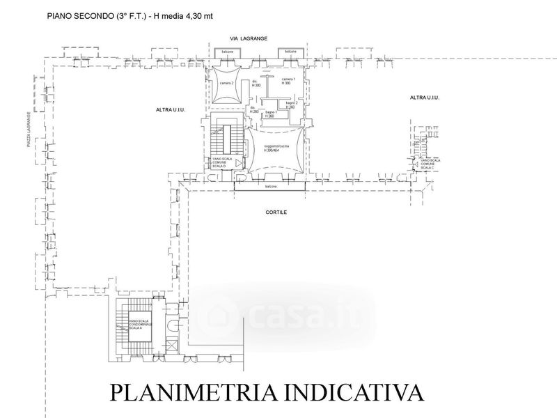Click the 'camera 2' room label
point(226,84)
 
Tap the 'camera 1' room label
point(289,79)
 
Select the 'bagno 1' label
point(271,113)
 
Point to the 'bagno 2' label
point(291,102)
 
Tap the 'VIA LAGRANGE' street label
point(259,39)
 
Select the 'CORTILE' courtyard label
point(276,212)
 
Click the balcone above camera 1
point(289,52)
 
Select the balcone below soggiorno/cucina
point(271,187)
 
